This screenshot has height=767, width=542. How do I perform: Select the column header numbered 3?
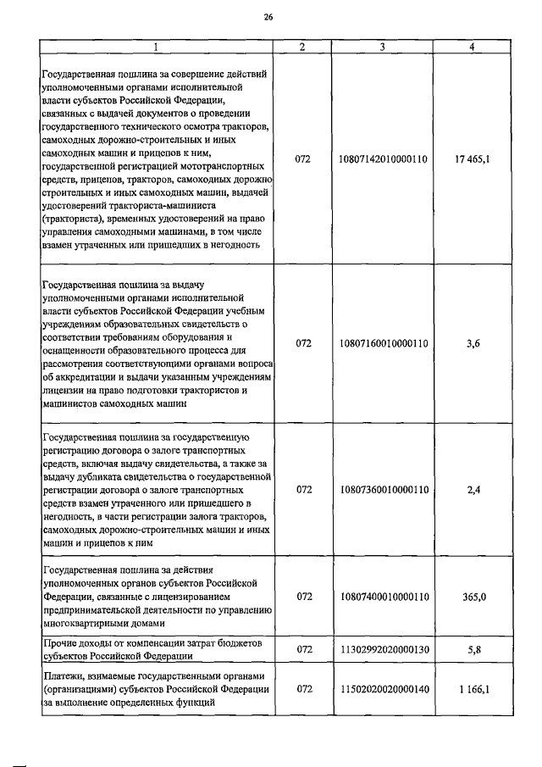pyautogui.click(x=384, y=47)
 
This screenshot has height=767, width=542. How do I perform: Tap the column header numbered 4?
pyautogui.click(x=472, y=47)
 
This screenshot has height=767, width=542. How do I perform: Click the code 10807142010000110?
pyautogui.click(x=384, y=158)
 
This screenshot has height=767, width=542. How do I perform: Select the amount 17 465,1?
pyautogui.click(x=472, y=158)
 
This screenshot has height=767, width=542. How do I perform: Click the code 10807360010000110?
pyautogui.click(x=384, y=490)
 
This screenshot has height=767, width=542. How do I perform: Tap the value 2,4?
pyautogui.click(x=472, y=490)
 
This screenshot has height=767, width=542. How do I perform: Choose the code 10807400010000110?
pyautogui.click(x=384, y=597)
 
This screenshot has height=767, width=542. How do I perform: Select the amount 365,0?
pyautogui.click(x=472, y=597)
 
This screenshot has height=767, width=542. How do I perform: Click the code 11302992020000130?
pyautogui.click(x=384, y=649)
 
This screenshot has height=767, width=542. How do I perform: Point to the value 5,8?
pyautogui.click(x=472, y=649)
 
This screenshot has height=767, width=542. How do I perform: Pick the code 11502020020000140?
pyautogui.click(x=384, y=689)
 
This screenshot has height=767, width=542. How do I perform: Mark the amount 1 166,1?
pyautogui.click(x=472, y=689)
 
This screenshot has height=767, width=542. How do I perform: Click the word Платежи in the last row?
pyautogui.click(x=63, y=675)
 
